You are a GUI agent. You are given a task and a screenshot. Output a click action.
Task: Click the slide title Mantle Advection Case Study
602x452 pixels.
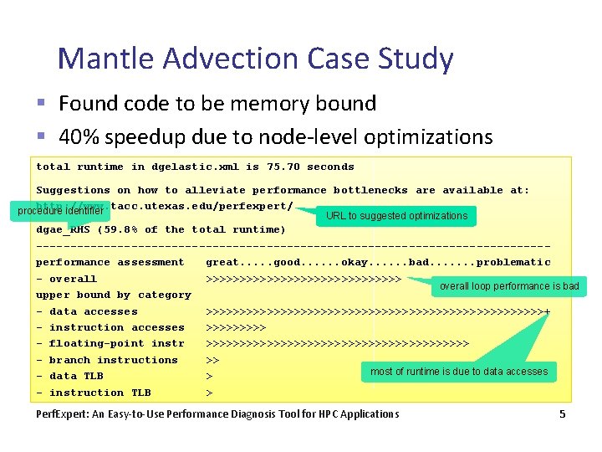coord(256,59)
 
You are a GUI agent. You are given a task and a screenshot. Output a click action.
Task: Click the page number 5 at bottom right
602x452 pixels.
coord(563,413)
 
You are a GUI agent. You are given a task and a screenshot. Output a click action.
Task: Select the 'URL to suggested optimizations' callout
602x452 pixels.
coord(396,216)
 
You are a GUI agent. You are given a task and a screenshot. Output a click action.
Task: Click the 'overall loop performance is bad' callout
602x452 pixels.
coord(509,286)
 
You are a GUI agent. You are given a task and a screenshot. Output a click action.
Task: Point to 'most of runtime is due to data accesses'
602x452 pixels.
coord(459,372)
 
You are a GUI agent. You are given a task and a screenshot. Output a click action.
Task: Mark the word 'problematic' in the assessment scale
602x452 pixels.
coord(513,262)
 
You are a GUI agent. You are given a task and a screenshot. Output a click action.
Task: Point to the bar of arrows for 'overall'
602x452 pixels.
coord(304,279)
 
